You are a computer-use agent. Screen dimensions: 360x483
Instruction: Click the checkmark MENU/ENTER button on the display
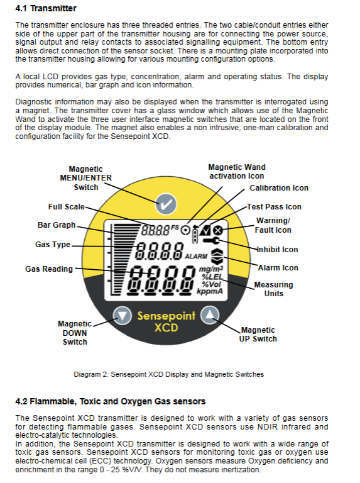click(166, 204)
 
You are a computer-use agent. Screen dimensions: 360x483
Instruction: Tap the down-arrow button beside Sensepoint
click(122, 316)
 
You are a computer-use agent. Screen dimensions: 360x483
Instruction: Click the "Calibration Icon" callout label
click(279, 188)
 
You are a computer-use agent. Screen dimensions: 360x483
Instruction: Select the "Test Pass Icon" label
click(274, 207)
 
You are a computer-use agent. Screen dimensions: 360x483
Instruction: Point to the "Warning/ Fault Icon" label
click(273, 225)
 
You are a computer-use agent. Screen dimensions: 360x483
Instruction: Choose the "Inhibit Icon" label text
click(277, 250)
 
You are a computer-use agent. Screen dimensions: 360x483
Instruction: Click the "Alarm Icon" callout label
click(278, 268)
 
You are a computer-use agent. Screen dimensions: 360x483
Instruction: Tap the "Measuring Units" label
click(273, 289)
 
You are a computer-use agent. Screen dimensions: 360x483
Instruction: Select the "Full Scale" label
click(66, 207)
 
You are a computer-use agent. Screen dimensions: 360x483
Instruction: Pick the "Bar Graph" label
click(57, 225)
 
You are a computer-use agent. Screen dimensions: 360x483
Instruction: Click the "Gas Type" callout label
click(53, 245)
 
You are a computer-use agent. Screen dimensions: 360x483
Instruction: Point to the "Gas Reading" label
click(49, 269)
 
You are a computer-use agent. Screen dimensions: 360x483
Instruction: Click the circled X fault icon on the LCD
click(218, 230)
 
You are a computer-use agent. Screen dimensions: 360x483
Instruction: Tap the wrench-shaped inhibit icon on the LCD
click(211, 240)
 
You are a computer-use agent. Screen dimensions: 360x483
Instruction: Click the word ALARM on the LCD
click(196, 257)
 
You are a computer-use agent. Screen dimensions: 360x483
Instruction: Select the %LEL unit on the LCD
click(212, 277)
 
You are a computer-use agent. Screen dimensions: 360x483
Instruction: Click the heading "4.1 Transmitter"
click(46, 8)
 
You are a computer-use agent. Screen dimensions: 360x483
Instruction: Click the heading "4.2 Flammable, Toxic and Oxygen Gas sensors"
click(111, 401)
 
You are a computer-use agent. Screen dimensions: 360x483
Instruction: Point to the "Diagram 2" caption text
click(168, 374)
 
